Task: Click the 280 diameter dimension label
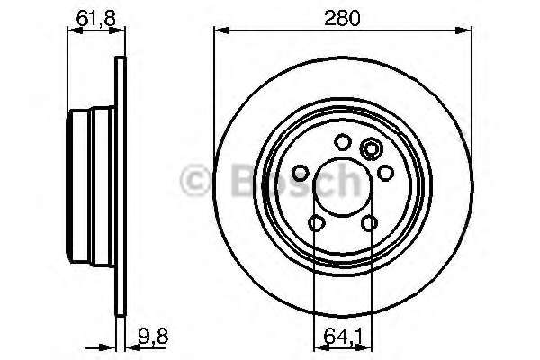click(342, 18)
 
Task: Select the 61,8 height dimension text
click(95, 18)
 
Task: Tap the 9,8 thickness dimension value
click(153, 337)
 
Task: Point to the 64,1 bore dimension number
click(343, 337)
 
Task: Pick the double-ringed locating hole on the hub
click(371, 149)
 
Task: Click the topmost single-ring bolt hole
click(343, 142)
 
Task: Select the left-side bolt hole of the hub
click(301, 173)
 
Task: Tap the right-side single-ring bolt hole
click(386, 173)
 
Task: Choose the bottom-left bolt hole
click(317, 222)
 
